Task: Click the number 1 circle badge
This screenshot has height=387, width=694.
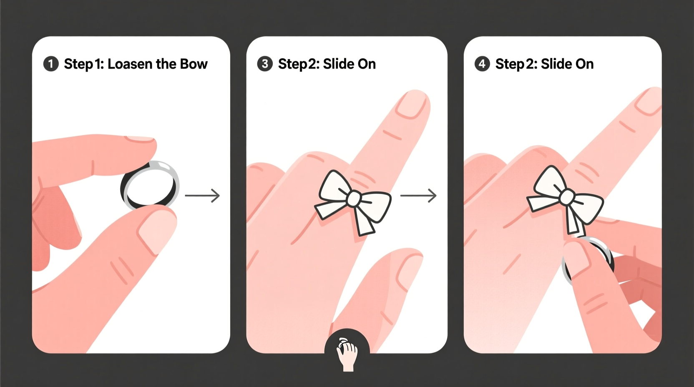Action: point(51,64)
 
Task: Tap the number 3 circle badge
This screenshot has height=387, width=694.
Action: point(265,64)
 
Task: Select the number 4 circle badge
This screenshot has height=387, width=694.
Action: point(482,64)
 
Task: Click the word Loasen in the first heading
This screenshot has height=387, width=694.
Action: point(130,64)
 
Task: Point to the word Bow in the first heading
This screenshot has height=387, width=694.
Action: point(194,64)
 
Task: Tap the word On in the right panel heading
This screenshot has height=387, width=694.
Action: point(584,64)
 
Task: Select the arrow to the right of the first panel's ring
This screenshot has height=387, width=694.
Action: point(202,195)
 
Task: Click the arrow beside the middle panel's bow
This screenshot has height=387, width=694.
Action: point(418,195)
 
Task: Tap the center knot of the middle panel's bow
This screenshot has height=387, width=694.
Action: point(354,199)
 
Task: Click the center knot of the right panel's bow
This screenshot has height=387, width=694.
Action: point(567,197)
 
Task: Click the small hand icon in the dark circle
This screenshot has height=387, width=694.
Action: point(347,352)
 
